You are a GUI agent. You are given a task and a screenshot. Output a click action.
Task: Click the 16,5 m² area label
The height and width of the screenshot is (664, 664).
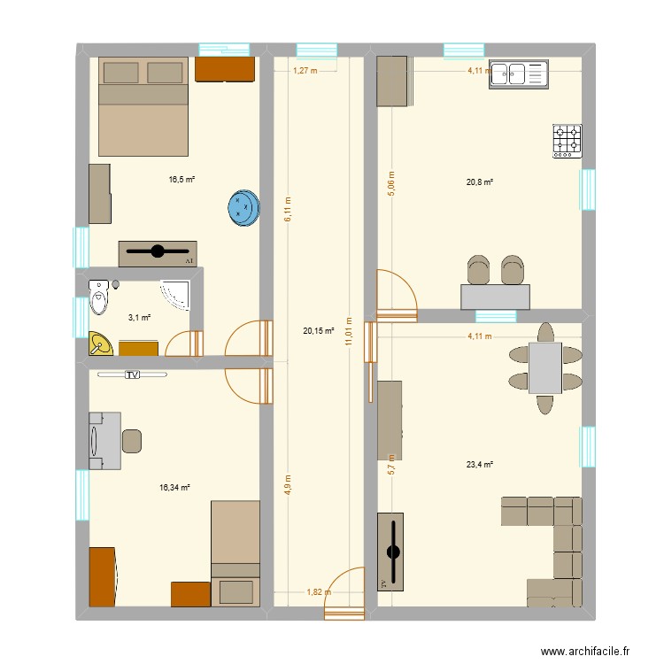pyautogui.click(x=181, y=179)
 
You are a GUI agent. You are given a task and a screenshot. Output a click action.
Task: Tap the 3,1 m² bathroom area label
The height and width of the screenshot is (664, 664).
pyautogui.click(x=139, y=318)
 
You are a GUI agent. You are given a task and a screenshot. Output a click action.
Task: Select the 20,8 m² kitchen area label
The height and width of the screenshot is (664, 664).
pyautogui.click(x=479, y=182)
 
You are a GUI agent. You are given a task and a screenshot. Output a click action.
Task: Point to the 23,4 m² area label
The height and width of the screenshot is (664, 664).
pyautogui.click(x=479, y=464)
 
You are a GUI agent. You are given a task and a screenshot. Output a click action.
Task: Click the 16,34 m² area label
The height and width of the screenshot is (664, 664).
pyautogui.click(x=174, y=487)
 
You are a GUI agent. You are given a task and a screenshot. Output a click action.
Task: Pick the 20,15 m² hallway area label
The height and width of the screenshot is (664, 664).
pyautogui.click(x=318, y=331)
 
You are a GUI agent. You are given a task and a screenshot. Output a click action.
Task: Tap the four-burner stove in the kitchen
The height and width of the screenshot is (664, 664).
pyautogui.click(x=567, y=141)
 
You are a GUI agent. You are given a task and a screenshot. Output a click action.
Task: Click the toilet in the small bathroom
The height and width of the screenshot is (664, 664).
pyautogui.click(x=99, y=297)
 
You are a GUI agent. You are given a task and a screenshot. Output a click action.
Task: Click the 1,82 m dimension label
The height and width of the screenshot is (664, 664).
pyautogui.click(x=318, y=592)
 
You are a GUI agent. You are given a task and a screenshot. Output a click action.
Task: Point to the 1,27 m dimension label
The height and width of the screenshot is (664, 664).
pyautogui.click(x=304, y=70)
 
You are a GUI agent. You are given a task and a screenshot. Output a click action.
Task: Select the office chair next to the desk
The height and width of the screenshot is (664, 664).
pyautogui.click(x=132, y=440)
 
